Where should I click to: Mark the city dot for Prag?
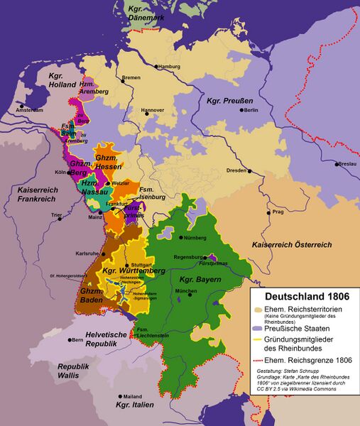point(267,212)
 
